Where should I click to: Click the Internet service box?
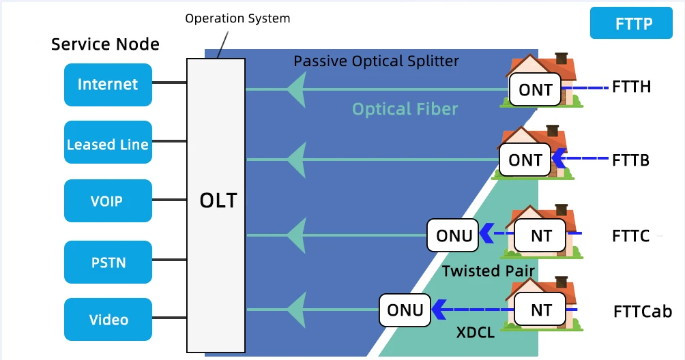(x=108, y=85)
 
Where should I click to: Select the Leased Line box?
(x=108, y=143)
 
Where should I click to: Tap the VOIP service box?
(x=108, y=201)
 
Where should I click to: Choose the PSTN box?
(x=108, y=261)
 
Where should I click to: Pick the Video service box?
(x=108, y=320)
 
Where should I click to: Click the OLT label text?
(x=218, y=201)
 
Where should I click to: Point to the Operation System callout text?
(x=237, y=18)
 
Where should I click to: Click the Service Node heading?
(x=105, y=45)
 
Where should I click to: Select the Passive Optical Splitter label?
(x=376, y=61)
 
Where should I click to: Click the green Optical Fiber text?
(x=405, y=109)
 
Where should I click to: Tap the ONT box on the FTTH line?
(x=536, y=90)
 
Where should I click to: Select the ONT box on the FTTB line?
(x=525, y=161)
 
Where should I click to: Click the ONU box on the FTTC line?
(x=454, y=235)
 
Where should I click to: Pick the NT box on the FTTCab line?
(x=541, y=310)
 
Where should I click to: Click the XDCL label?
(x=475, y=334)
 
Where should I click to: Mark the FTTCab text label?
(x=643, y=312)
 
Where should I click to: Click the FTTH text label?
(x=631, y=87)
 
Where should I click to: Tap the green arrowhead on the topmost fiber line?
(x=295, y=89)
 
